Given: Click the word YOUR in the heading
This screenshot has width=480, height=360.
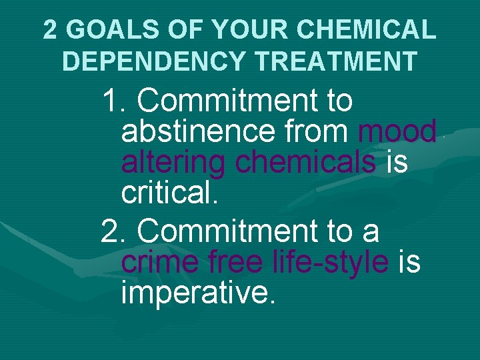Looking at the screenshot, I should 247,29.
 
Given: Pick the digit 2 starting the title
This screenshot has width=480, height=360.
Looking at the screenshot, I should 50,29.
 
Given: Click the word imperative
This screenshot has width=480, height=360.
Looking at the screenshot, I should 198,293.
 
